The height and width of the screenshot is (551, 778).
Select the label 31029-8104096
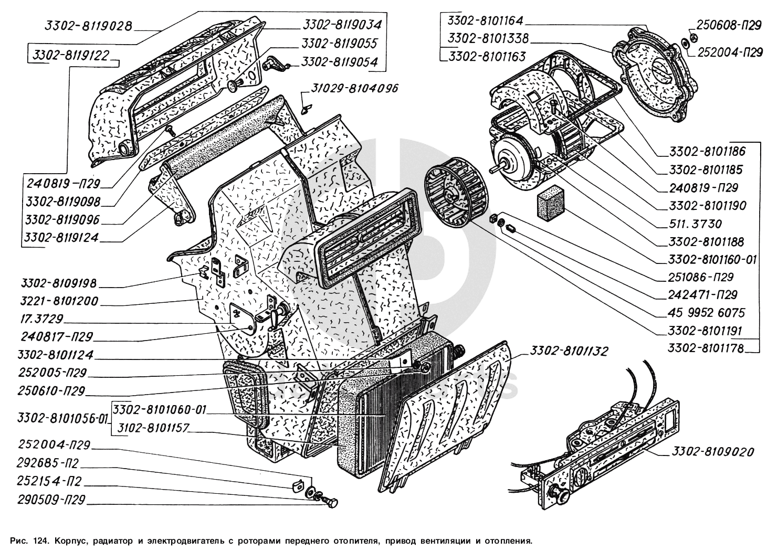(355, 88)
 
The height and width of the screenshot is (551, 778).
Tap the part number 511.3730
(691, 224)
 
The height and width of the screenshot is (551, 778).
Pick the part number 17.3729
(37, 320)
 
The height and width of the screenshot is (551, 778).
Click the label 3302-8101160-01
(712, 260)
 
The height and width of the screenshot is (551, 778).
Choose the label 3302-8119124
(61, 238)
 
